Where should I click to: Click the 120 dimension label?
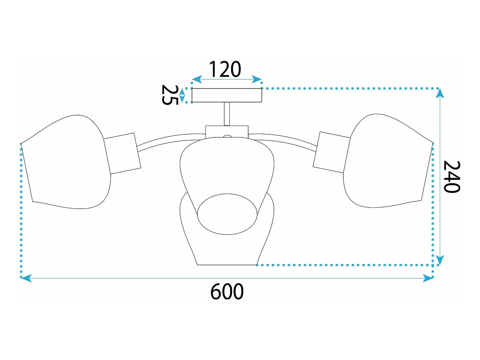[225, 69]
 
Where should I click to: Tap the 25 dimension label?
[170, 95]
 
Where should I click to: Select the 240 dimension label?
[452, 177]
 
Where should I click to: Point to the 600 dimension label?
[227, 291]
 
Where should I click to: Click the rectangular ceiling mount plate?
[227, 95]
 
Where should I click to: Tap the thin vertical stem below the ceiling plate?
[227, 114]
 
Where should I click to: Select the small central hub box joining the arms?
[227, 132]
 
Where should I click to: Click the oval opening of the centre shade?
[227, 214]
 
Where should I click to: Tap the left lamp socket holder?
[122, 153]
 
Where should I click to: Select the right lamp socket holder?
[331, 152]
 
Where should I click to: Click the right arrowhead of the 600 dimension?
[428, 278]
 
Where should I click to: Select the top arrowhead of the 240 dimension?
[440, 93]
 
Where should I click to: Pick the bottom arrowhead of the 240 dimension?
[440, 260]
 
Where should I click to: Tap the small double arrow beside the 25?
[182, 96]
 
